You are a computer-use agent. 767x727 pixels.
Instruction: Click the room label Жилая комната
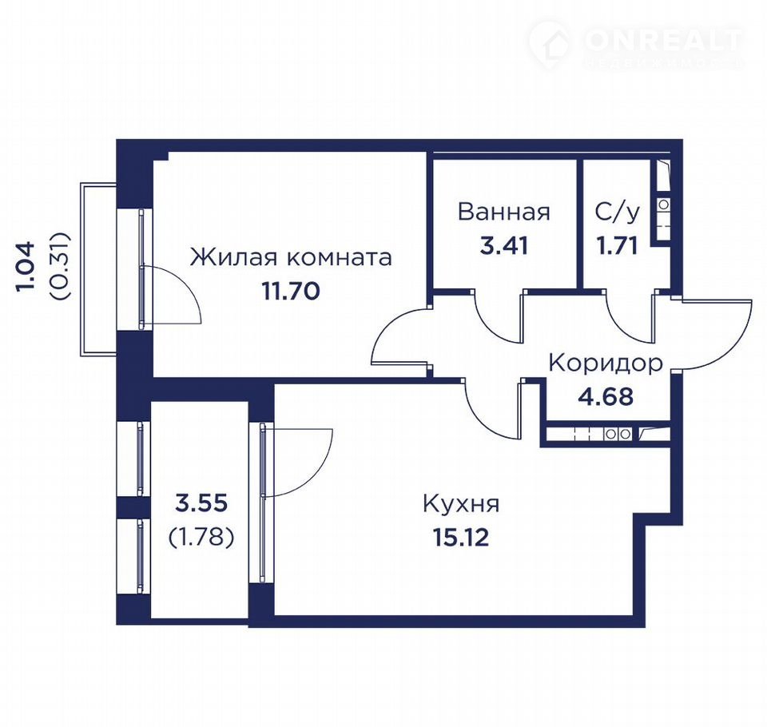291,257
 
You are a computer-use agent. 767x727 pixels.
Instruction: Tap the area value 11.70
291,292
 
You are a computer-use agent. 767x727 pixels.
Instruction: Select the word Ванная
504,213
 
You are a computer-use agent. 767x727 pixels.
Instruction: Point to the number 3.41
504,245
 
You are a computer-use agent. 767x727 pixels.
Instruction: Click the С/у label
618,213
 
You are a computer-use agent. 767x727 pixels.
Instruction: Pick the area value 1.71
617,245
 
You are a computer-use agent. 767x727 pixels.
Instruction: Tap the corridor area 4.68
606,397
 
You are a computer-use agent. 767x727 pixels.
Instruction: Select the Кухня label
461,504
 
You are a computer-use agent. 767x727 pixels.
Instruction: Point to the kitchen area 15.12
461,538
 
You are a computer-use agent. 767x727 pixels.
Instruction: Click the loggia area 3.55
201,503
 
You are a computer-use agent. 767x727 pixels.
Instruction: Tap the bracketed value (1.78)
201,537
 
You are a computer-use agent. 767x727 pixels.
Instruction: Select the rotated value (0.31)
61,266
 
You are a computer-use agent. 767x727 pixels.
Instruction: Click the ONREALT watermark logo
636,43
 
